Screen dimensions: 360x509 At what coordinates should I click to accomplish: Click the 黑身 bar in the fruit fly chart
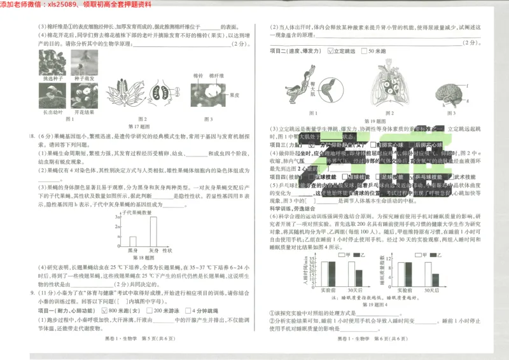(x=133, y=241)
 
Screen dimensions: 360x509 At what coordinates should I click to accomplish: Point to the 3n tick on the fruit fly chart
(x=117, y=218)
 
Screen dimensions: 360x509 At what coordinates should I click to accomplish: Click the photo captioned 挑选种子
(x=52, y=63)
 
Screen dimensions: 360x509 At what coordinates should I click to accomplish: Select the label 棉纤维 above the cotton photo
(x=217, y=75)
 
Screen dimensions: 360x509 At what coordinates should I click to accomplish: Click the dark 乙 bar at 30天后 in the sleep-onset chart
(x=359, y=277)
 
